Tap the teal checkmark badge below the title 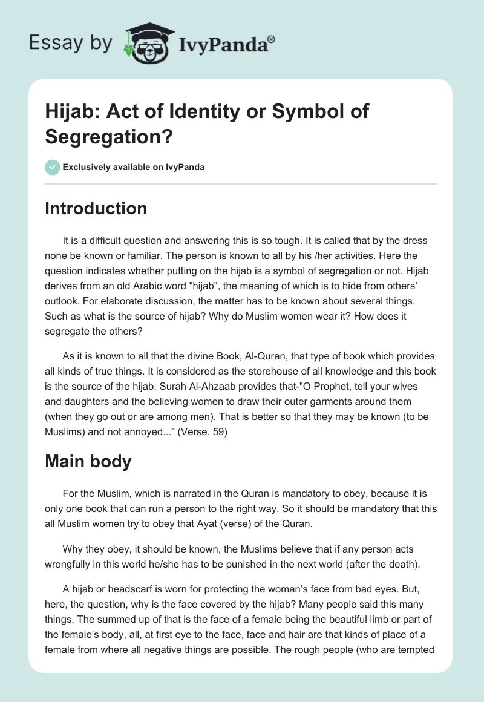[53, 167]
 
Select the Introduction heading [96, 208]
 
